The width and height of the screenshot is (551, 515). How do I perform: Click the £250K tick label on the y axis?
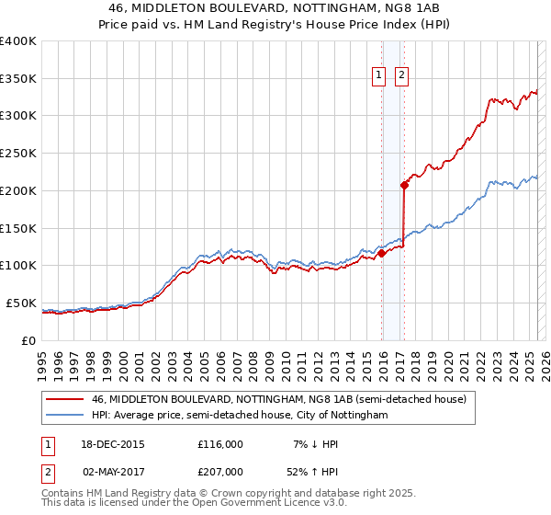(x=18, y=154)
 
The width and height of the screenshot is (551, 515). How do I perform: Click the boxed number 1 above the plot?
(x=378, y=76)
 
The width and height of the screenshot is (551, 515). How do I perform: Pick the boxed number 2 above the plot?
(x=402, y=76)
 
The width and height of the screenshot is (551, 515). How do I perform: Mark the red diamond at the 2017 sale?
(x=404, y=185)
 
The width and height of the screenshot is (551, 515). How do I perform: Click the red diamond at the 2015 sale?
(x=382, y=254)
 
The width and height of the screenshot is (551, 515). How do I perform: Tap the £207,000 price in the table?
(x=220, y=471)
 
